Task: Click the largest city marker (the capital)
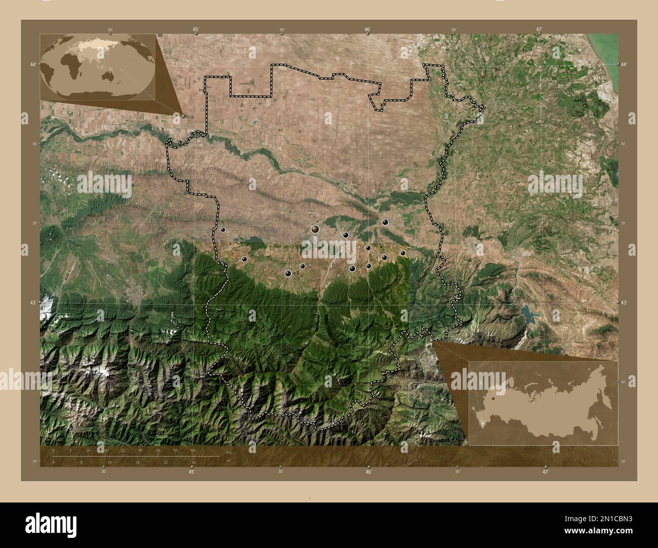click(x=315, y=230)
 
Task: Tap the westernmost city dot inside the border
click(x=223, y=230)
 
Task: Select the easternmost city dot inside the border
click(x=403, y=253)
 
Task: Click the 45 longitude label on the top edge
click(x=195, y=30)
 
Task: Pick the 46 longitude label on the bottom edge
click(x=368, y=472)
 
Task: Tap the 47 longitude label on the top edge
click(x=540, y=30)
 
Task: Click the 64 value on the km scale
click(x=193, y=450)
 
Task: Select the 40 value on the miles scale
click(x=194, y=462)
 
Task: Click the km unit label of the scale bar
click(x=229, y=452)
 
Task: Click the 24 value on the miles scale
click(x=137, y=462)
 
